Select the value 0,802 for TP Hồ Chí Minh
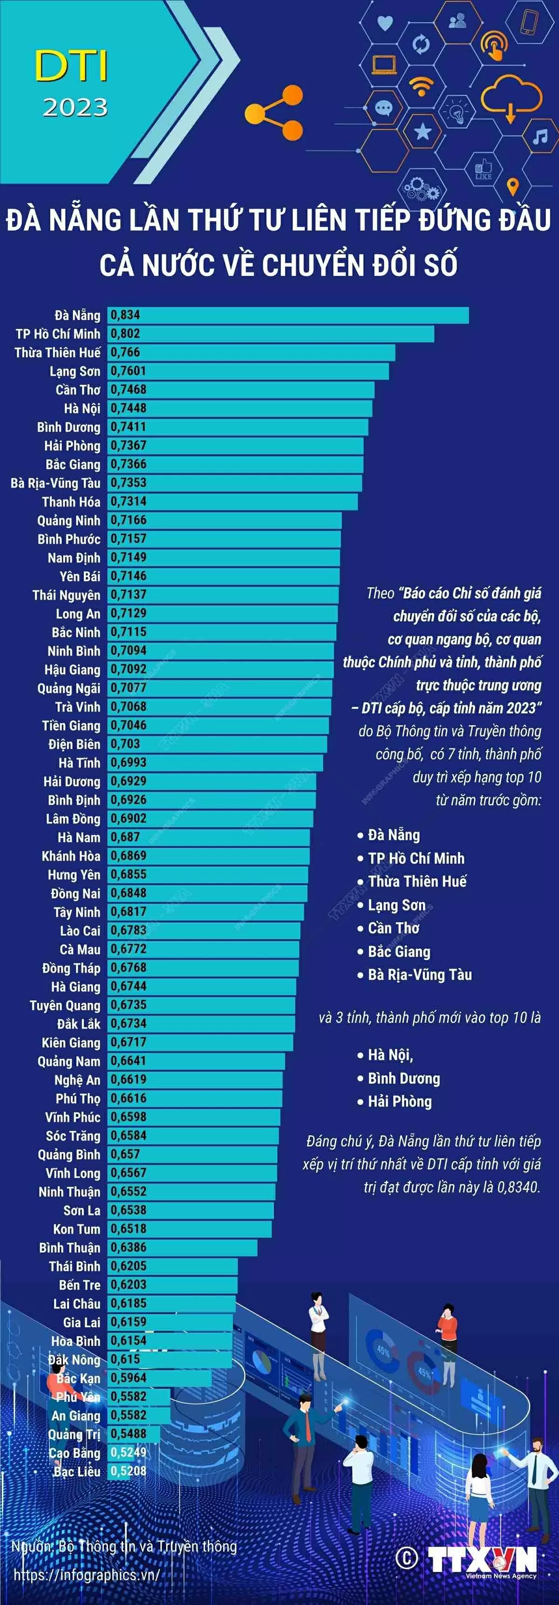[x=125, y=334]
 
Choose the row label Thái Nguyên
[x=66, y=595]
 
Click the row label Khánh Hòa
[x=70, y=856]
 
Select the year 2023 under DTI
[x=75, y=108]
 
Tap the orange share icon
[x=274, y=113]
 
